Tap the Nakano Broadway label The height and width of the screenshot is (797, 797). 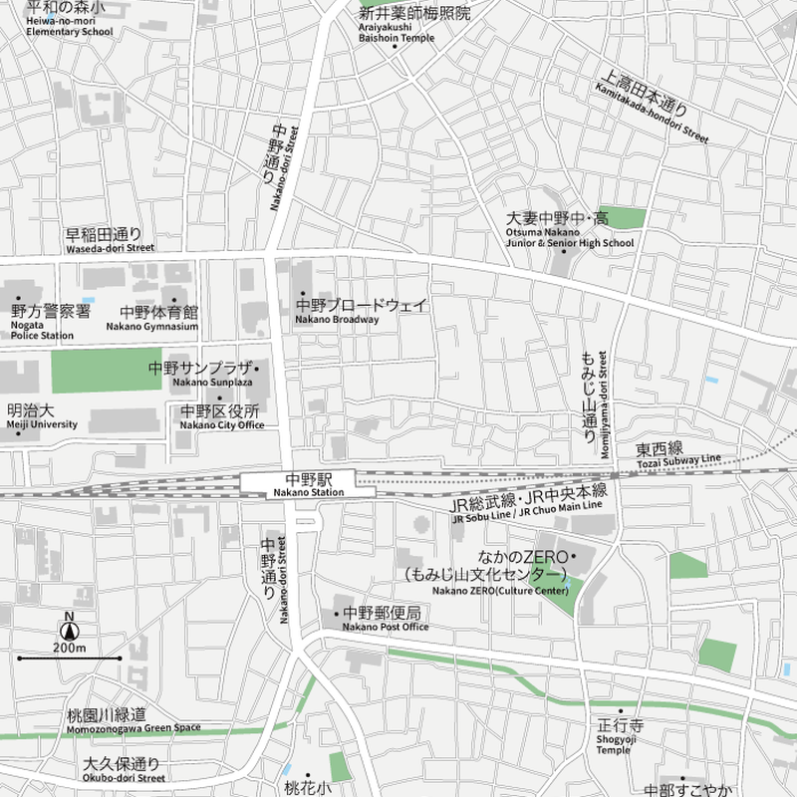click(363, 311)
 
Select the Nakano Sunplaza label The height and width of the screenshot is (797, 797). click(202, 374)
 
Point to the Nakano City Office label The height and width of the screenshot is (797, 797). click(220, 416)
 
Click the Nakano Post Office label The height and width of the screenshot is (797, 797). click(384, 619)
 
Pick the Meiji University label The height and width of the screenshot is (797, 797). click(41, 415)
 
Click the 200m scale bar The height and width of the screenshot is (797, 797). click(69, 659)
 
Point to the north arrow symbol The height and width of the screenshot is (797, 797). click(69, 629)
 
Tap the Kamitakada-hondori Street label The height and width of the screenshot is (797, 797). click(653, 107)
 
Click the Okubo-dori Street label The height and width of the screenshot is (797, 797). click(123, 770)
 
